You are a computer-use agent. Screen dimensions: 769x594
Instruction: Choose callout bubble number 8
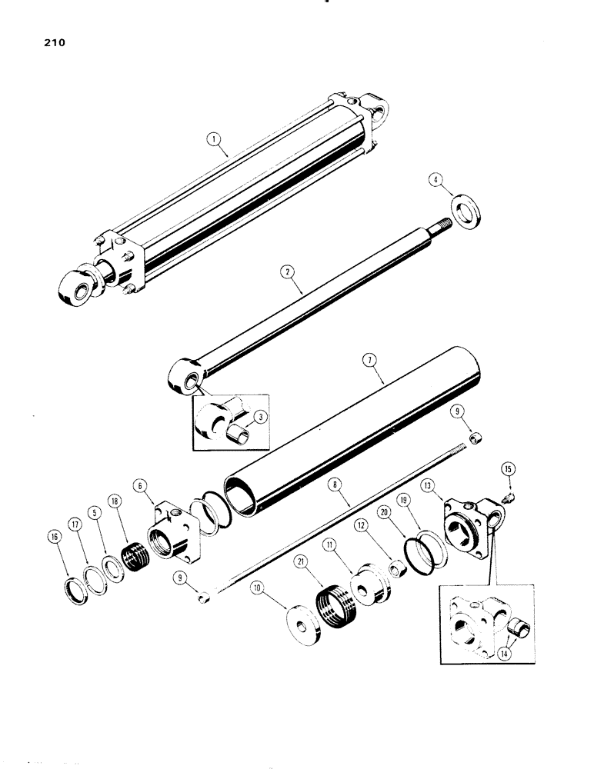point(335,485)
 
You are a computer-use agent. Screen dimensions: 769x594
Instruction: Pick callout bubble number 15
point(507,469)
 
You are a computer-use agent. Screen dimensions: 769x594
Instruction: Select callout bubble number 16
point(55,536)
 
